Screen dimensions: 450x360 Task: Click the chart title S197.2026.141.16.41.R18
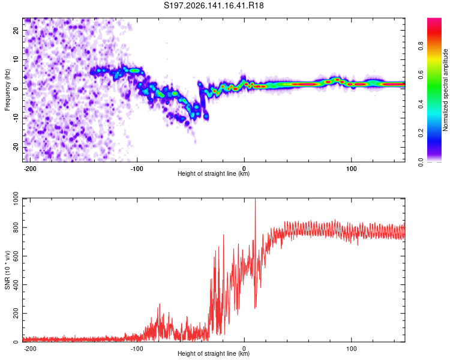tap(214, 5)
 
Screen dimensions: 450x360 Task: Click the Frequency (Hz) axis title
tap(7, 90)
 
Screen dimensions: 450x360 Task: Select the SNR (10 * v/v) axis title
tap(7, 270)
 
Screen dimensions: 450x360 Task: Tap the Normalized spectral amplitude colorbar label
tap(445, 90)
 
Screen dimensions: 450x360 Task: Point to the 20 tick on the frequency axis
tap(16, 30)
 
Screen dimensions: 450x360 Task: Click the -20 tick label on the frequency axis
tap(16, 148)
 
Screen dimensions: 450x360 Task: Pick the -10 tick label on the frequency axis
tap(16, 118)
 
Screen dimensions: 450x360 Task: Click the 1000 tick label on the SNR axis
tap(16, 199)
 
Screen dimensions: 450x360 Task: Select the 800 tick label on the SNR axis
tap(16, 227)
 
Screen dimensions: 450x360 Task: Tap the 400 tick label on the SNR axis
tap(16, 285)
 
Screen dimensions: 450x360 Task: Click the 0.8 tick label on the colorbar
tap(421, 46)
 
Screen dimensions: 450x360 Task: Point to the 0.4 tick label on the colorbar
tap(421, 104)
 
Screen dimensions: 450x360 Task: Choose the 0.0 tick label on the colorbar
tap(421, 162)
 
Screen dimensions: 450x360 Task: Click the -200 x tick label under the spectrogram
tap(29, 169)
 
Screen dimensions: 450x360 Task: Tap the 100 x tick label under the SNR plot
tap(351, 349)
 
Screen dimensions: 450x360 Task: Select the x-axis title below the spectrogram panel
tap(214, 173)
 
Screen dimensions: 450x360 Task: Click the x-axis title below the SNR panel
tap(214, 353)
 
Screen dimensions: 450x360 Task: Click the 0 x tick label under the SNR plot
tap(244, 349)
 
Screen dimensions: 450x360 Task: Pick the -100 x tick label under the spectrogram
tap(137, 169)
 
